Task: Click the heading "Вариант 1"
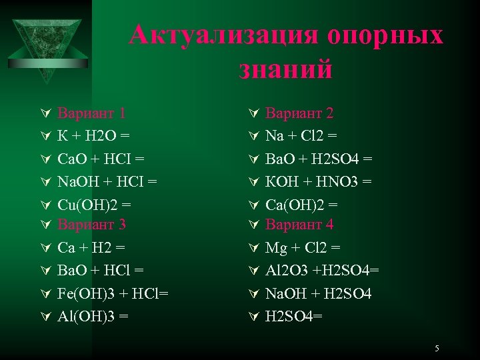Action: [91, 114]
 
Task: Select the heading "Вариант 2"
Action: [300, 114]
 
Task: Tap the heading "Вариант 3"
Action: [91, 224]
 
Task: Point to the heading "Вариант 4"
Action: [300, 224]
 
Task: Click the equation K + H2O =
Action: [93, 136]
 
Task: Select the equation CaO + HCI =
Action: [101, 159]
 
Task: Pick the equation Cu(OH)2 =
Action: [95, 203]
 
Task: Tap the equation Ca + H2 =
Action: [91, 247]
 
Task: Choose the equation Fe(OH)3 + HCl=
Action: [113, 293]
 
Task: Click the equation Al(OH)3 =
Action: [93, 315]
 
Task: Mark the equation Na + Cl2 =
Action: [301, 136]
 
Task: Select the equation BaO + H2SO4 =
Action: [319, 159]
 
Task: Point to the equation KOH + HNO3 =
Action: [319, 181]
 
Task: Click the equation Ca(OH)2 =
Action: [302, 203]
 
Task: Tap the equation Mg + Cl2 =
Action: [303, 247]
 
